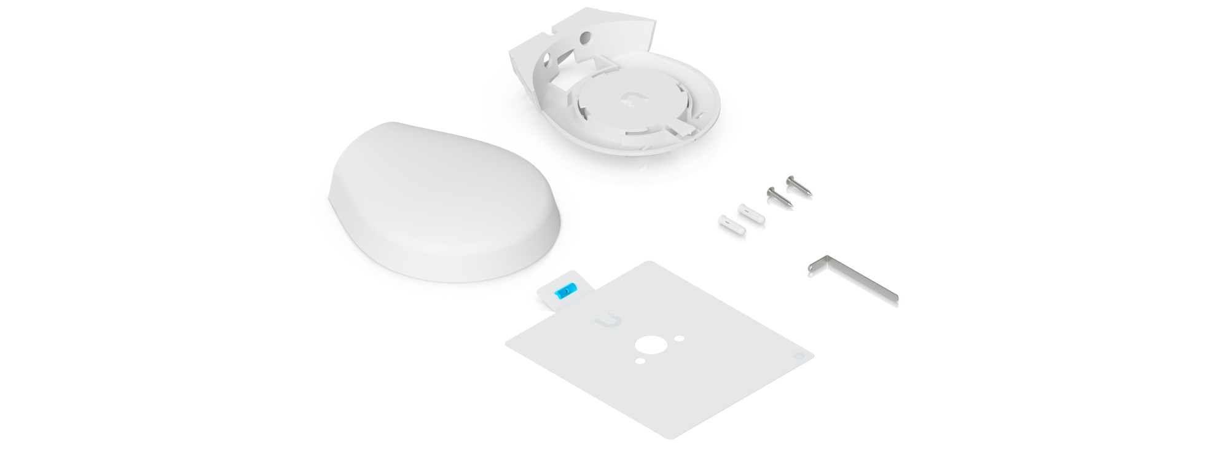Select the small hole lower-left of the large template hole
640,360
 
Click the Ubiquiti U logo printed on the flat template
609,322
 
